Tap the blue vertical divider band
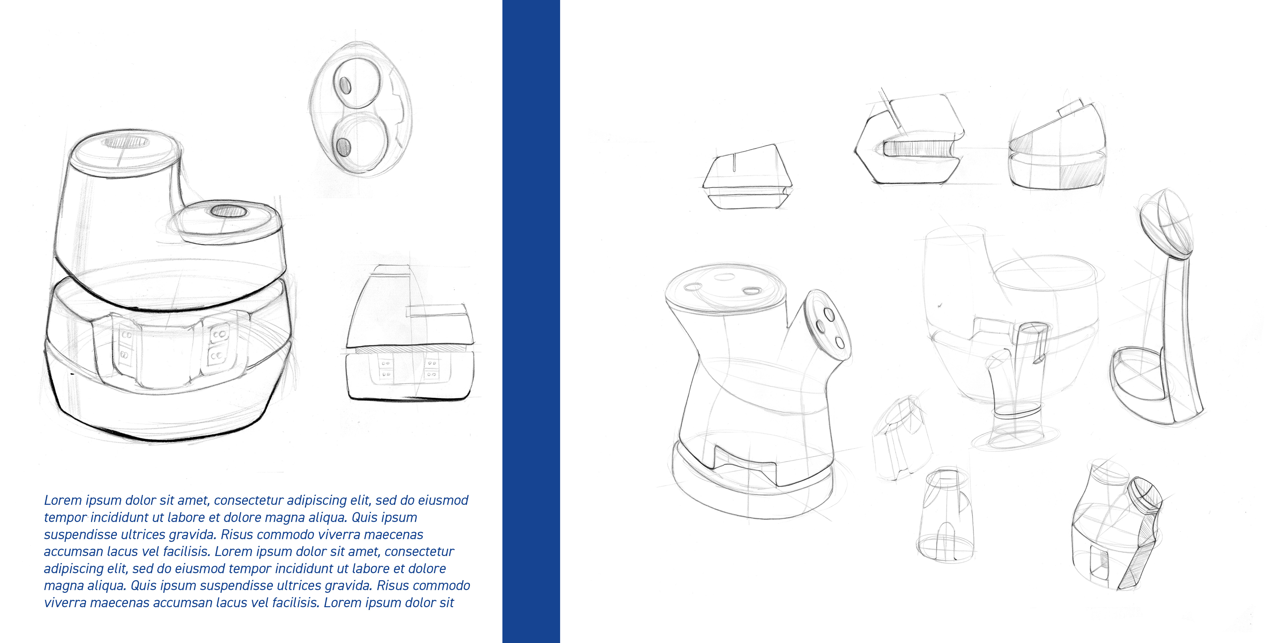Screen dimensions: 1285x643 point(531,321)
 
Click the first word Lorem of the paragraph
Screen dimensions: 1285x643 point(63,500)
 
